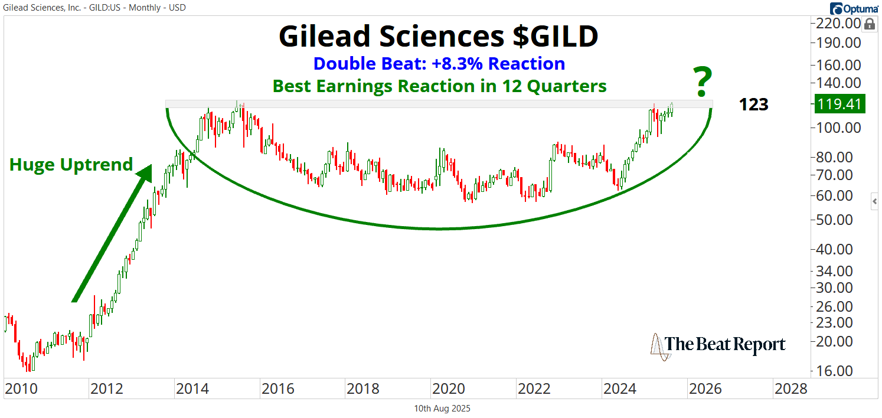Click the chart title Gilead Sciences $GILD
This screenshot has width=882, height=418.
point(438,37)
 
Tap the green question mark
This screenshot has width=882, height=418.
point(702,83)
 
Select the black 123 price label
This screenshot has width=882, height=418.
point(753,105)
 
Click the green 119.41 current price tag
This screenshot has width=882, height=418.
point(839,105)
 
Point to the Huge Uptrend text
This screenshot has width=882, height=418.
point(71,165)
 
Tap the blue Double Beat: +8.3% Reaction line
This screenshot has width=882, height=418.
point(439,64)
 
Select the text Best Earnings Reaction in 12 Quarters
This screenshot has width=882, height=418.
point(439,86)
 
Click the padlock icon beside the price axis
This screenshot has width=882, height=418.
point(869,25)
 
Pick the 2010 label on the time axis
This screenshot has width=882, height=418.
point(21,389)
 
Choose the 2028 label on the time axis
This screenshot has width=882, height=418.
point(791,389)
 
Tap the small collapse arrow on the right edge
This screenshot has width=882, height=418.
point(876,202)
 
